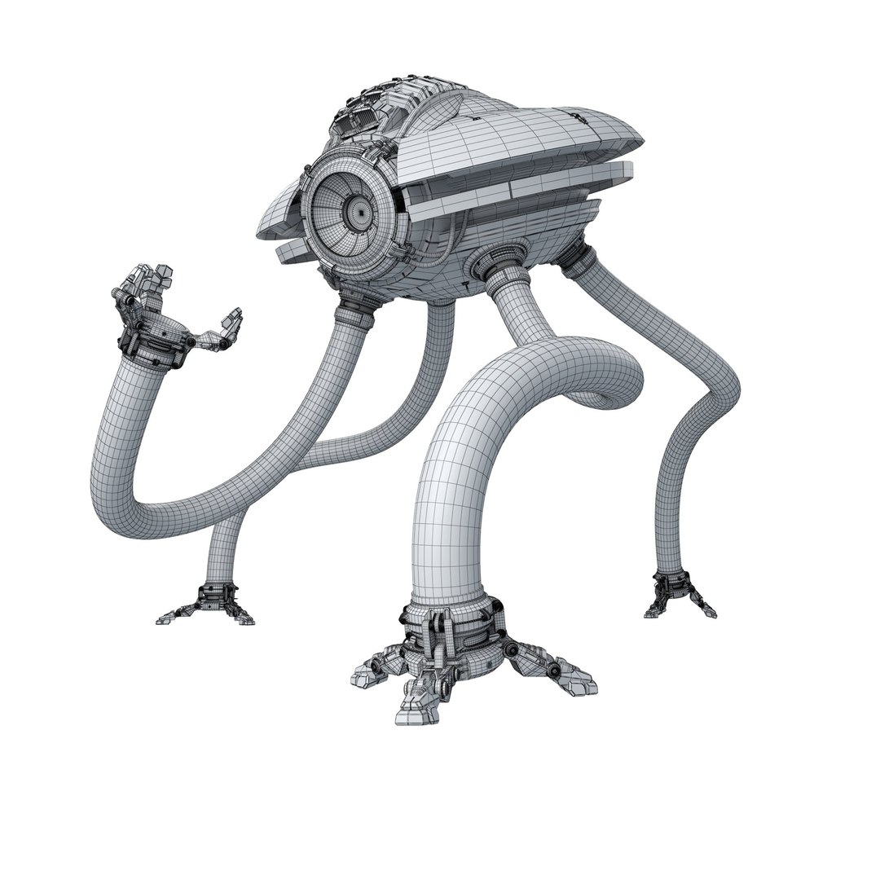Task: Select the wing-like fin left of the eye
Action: (x=277, y=216)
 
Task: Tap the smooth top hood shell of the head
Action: (x=530, y=130)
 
